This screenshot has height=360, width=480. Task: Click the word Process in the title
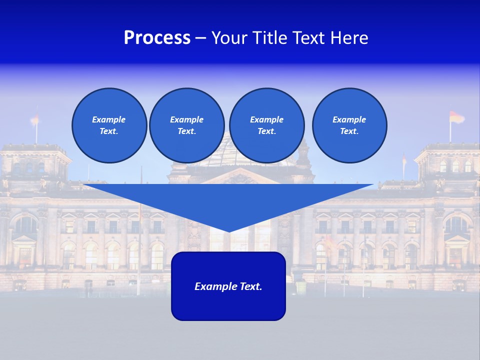pos(157,38)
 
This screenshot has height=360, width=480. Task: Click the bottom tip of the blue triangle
pos(228,231)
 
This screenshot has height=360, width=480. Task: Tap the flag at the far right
pos(456,117)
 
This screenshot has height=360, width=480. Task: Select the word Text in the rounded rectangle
pos(250,286)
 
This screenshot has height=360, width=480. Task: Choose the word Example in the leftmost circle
pos(109,119)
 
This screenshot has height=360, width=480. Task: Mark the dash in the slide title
pos(200,38)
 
